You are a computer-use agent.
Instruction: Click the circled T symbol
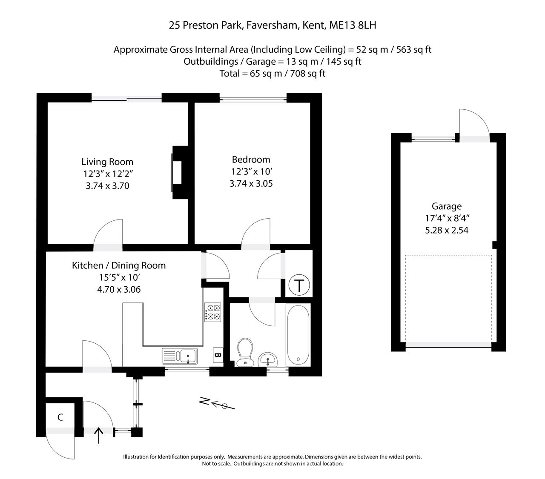coord(299,285)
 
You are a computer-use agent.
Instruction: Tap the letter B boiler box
coord(218,355)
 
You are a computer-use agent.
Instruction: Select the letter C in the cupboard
coord(60,417)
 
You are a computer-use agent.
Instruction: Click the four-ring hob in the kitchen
coord(212,312)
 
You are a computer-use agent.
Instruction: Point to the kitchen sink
coord(179,356)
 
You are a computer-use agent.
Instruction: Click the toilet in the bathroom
coord(245,352)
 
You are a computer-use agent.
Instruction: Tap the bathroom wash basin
coord(268,359)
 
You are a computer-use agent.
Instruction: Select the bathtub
coord(298,335)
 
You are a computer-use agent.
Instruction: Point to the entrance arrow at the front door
coord(99,436)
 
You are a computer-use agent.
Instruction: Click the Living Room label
coord(107,162)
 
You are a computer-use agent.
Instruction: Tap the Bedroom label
coord(251,160)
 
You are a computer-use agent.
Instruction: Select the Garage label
coord(447,206)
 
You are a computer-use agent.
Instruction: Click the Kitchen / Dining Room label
coord(119,265)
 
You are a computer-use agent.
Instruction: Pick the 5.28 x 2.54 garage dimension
coord(447,230)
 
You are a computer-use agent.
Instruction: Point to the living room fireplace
coord(179,172)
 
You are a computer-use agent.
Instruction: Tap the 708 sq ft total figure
coord(308,74)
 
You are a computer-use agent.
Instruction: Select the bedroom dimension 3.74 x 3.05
coord(251,184)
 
